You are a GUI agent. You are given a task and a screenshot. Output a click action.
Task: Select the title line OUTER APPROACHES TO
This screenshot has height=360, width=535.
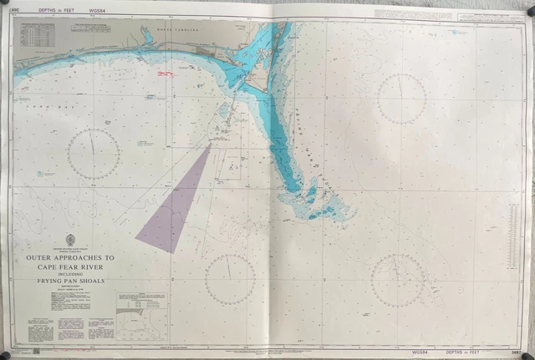[69, 258]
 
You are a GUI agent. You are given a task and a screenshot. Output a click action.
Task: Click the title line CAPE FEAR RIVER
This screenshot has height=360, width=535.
[69, 266]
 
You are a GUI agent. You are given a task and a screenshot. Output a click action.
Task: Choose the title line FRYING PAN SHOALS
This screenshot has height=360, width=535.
[69, 282]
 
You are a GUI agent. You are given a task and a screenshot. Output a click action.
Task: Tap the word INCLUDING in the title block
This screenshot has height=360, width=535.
[69, 274]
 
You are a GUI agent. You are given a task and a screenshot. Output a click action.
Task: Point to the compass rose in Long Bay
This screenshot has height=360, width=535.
[94, 155]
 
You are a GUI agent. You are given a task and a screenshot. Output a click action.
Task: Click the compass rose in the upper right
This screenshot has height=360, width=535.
[401, 99]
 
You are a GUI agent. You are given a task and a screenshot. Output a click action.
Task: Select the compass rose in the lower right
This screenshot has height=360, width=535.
[396, 280]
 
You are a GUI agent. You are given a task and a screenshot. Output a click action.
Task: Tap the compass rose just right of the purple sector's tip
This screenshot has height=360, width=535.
[230, 278]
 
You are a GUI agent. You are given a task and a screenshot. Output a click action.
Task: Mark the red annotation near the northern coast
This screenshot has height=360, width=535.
[164, 74]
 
